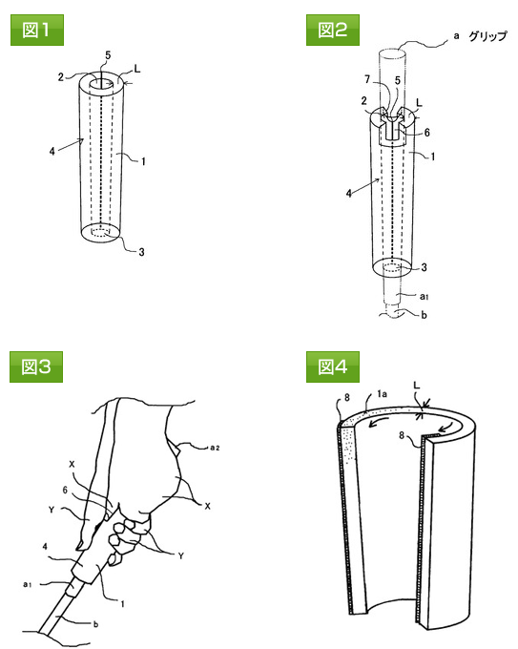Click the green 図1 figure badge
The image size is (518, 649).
[x=37, y=30]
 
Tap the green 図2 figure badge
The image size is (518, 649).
[x=333, y=30]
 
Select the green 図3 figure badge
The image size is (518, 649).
[x=36, y=366]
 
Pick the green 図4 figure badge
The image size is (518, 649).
[x=333, y=366]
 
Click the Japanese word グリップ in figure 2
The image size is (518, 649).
[x=487, y=36]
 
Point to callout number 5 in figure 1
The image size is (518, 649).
[x=108, y=55]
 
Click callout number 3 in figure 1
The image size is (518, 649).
[x=141, y=252]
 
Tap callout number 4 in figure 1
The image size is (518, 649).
[x=52, y=151]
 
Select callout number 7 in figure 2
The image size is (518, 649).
[x=367, y=79]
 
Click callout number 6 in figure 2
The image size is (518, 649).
[x=427, y=133]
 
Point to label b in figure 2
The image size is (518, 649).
[x=424, y=315]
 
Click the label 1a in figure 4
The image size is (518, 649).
[x=382, y=394]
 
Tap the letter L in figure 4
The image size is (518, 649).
[x=417, y=385]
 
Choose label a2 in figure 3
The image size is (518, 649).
[x=215, y=448]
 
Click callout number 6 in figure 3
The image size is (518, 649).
[x=65, y=490]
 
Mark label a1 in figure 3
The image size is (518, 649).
[x=28, y=584]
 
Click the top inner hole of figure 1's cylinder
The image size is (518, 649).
[x=101, y=82]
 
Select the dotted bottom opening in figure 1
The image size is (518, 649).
[x=101, y=232]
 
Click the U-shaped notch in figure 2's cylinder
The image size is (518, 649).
[x=392, y=128]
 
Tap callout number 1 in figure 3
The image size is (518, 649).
[x=122, y=604]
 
